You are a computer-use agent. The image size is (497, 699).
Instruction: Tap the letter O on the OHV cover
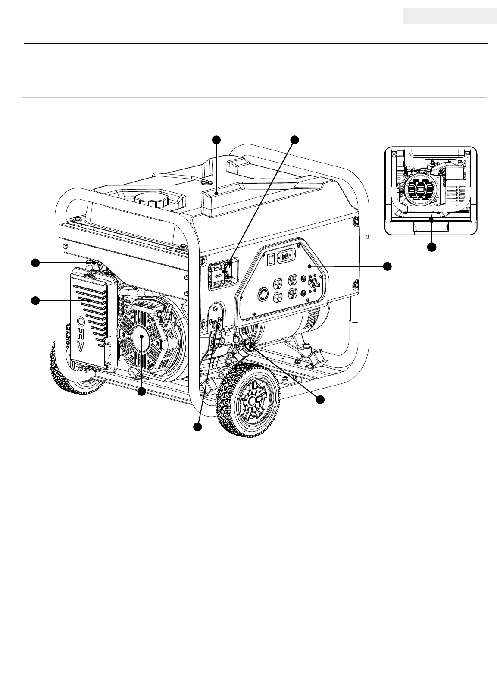click(81, 320)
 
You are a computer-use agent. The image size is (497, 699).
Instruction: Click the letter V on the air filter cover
click(81, 347)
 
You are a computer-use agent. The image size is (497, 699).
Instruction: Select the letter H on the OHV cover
click(81, 334)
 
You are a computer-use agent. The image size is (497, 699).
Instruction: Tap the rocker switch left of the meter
click(271, 259)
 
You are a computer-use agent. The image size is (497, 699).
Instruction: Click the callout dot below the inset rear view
click(432, 247)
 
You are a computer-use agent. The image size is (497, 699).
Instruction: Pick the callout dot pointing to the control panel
click(387, 266)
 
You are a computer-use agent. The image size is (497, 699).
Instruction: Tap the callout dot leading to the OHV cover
click(36, 301)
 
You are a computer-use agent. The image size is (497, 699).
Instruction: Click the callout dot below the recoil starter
click(142, 392)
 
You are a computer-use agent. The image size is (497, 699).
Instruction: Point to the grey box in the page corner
click(449, 16)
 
